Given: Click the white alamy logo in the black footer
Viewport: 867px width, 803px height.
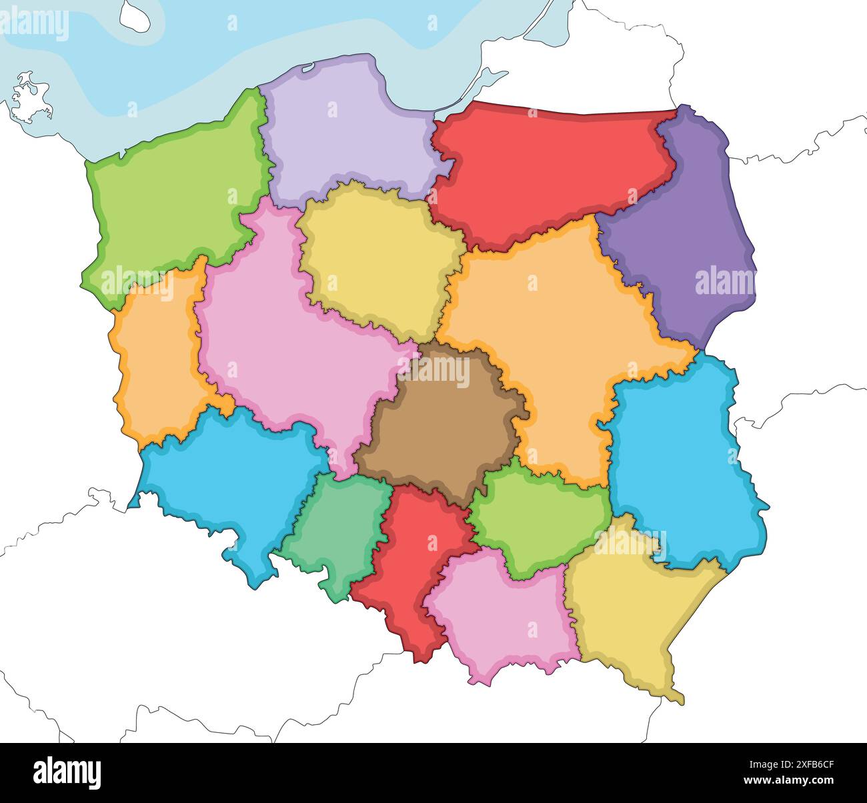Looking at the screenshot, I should click(x=67, y=773).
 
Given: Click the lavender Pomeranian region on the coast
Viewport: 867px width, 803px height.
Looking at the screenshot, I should click(x=340, y=133).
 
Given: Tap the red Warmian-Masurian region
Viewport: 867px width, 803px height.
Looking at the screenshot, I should click(x=547, y=173).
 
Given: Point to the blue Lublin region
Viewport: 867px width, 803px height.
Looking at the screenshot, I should click(x=680, y=467).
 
